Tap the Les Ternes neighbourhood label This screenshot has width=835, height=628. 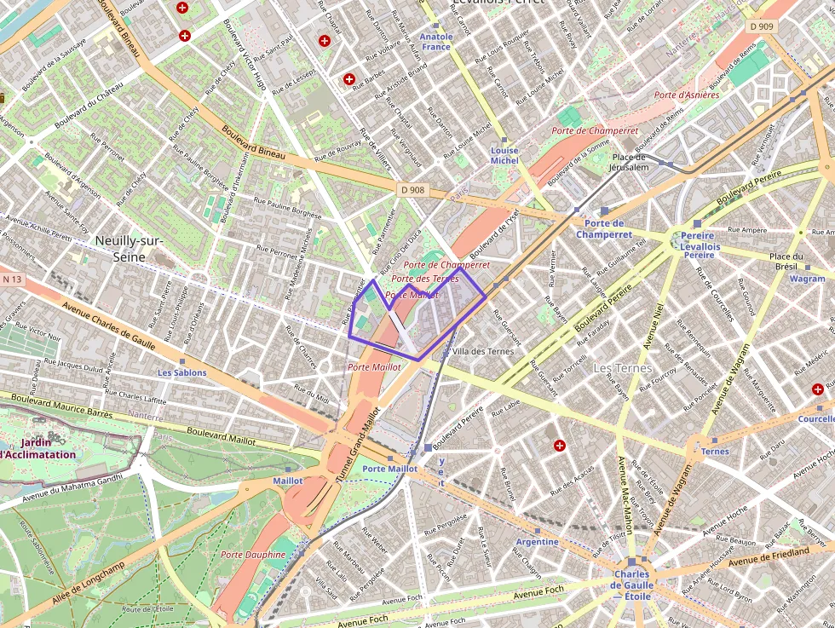(x=622, y=368)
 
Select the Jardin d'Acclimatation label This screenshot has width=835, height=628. (x=37, y=448)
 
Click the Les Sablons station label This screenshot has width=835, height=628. (x=181, y=373)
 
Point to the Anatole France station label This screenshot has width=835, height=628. (x=436, y=42)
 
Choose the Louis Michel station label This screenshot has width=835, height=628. (x=504, y=155)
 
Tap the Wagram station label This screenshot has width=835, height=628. (x=806, y=279)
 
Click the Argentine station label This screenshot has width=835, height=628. (x=538, y=542)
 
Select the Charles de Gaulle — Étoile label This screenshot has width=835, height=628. (x=631, y=585)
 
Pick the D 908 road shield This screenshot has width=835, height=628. (x=411, y=189)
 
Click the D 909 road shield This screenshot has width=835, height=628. (x=763, y=26)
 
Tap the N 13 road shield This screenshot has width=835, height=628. (x=12, y=279)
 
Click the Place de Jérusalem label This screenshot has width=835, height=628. (x=630, y=162)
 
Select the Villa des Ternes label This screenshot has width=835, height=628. (x=483, y=351)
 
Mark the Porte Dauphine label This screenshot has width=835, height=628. (x=253, y=555)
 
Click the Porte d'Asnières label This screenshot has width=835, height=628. (x=687, y=95)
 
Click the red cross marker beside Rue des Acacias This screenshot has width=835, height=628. (x=560, y=445)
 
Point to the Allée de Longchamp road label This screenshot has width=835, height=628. (x=88, y=579)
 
